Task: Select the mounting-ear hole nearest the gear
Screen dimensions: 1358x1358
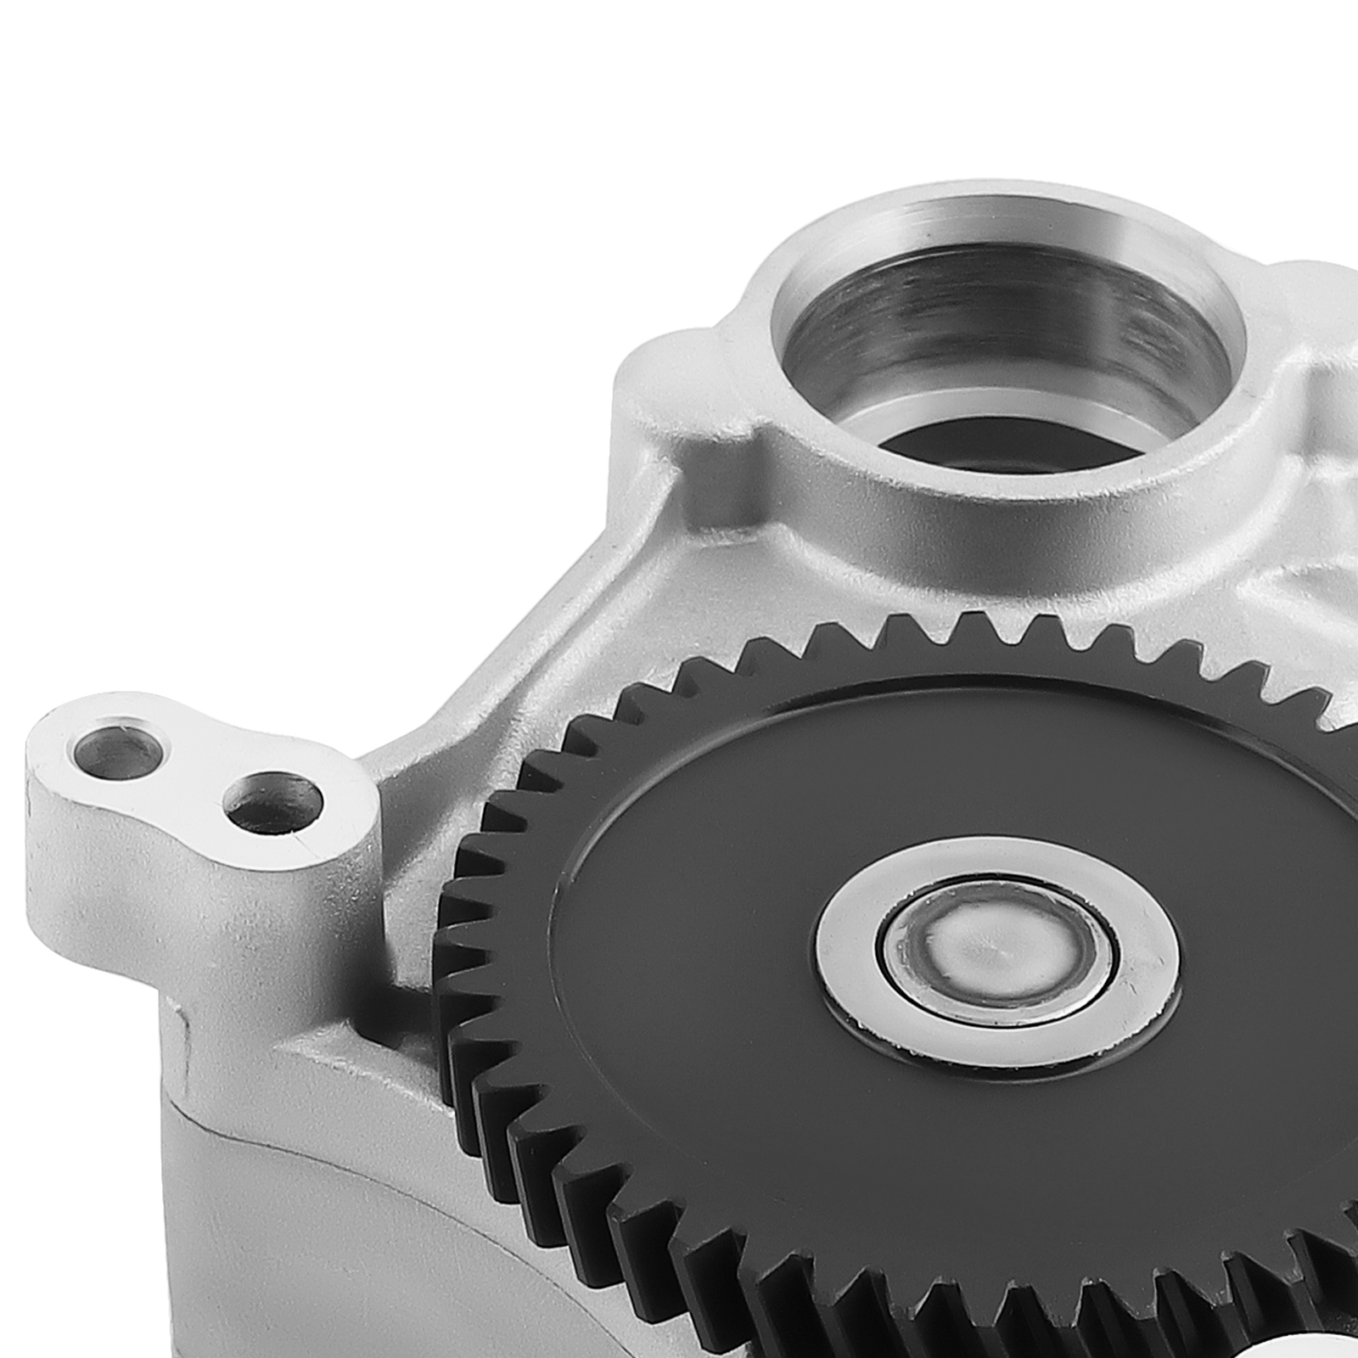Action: tap(273, 801)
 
